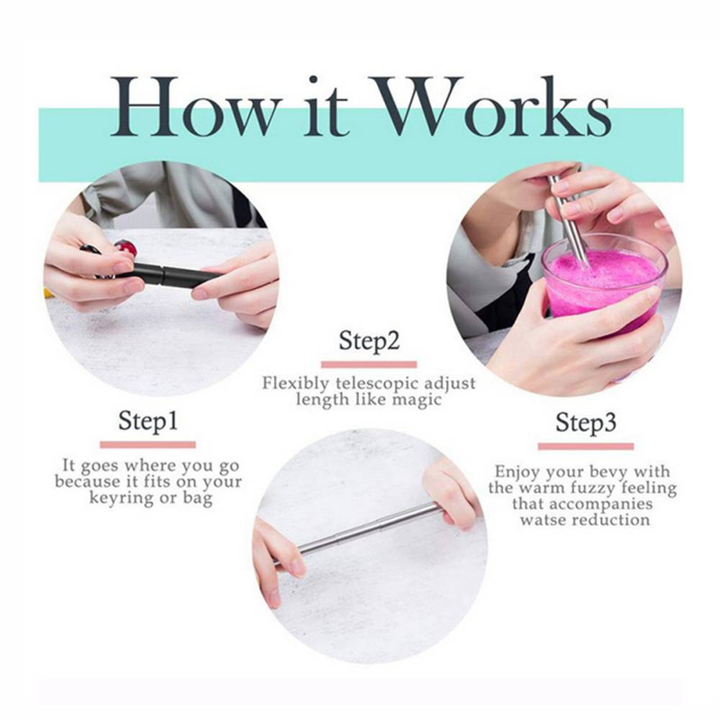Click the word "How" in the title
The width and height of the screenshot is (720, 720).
(194, 106)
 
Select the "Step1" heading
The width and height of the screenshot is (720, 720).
(148, 420)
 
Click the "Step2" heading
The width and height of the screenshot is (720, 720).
(369, 341)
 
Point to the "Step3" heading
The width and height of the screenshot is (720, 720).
(586, 422)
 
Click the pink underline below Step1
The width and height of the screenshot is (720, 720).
(148, 445)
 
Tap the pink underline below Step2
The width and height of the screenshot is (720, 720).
(369, 364)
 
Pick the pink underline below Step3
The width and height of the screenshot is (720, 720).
(586, 446)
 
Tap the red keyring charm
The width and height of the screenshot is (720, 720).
(126, 248)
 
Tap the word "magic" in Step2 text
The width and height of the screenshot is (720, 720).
(418, 400)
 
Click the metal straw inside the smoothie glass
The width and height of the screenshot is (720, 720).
(569, 220)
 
